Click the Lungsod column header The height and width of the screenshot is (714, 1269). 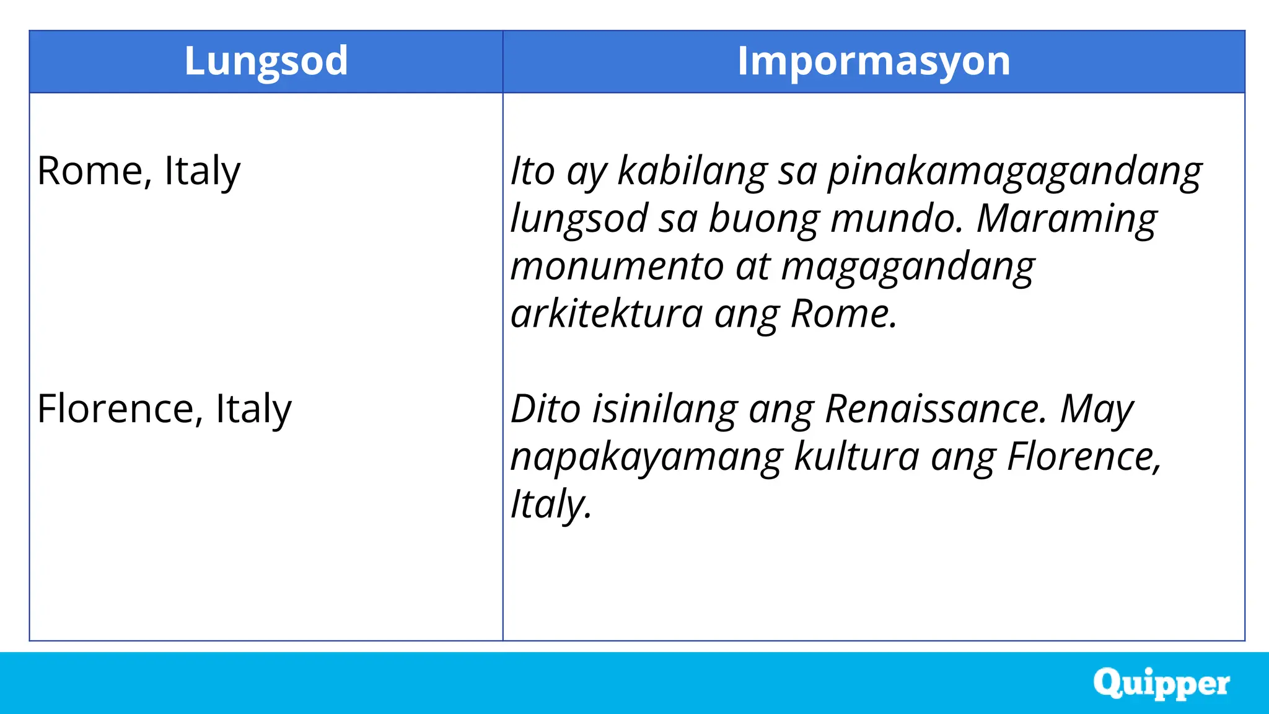[x=266, y=61]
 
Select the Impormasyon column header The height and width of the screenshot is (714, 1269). [x=873, y=61]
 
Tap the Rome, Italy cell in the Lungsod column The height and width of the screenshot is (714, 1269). [x=138, y=170]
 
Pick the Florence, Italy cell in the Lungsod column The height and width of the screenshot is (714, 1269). [x=164, y=409]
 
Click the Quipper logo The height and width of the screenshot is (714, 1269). [x=1161, y=684]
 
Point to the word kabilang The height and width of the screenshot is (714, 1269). [x=692, y=170]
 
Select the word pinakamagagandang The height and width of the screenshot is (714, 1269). [x=1015, y=172]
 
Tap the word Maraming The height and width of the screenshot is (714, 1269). [x=1066, y=219]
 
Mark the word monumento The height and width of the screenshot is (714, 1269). [x=617, y=267]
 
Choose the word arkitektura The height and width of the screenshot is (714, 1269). [x=607, y=314]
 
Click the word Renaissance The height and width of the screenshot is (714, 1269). [x=936, y=409]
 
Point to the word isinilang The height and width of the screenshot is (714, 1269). [x=664, y=409]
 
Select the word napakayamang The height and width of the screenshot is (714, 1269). [x=647, y=457]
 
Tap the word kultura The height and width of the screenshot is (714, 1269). [x=856, y=456]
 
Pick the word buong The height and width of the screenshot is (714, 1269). [x=763, y=219]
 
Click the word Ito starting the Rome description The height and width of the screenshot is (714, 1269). [x=532, y=170]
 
